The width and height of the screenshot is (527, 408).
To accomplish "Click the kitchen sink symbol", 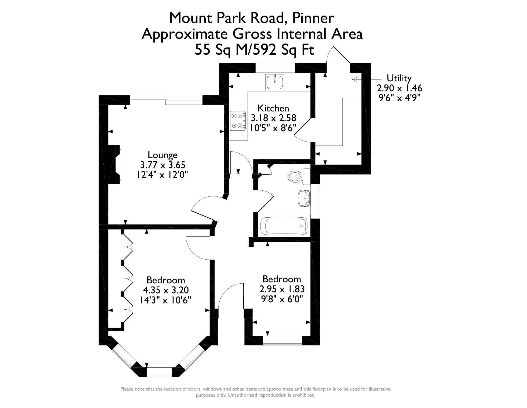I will [275, 82].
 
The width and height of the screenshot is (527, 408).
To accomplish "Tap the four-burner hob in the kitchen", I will [236, 121].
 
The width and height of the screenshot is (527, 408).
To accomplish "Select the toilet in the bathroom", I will [295, 176].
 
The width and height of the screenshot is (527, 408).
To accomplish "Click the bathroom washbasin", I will [304, 198].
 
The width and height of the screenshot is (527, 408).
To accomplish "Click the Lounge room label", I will [162, 155].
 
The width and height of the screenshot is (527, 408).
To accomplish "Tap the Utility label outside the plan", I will [399, 78].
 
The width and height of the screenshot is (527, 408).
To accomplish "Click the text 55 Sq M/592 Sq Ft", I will [254, 50].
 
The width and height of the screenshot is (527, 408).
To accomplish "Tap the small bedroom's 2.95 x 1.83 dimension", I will [282, 289].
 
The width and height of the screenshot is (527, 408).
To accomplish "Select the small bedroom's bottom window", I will [282, 341].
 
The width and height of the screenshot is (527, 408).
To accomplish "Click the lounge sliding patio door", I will [166, 100].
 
